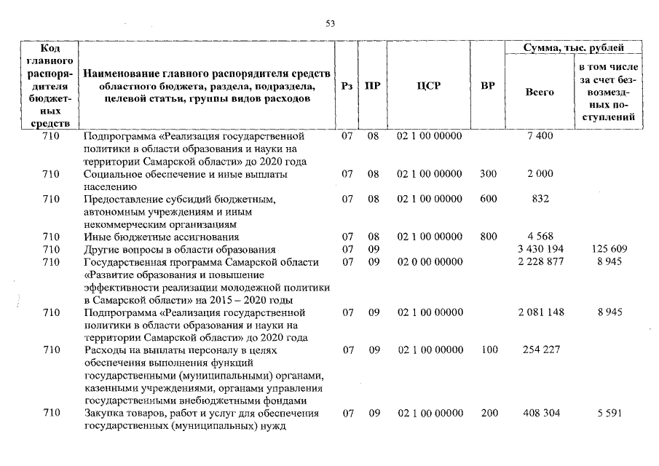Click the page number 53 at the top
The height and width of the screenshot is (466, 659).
pyautogui.click(x=329, y=24)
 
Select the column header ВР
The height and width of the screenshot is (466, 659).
pyautogui.click(x=488, y=86)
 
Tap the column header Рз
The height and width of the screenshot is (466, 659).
pyautogui.click(x=347, y=86)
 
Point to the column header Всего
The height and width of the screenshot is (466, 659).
pyautogui.click(x=540, y=92)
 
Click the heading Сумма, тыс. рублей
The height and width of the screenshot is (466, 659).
pyautogui.click(x=574, y=48)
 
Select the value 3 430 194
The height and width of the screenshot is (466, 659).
pyautogui.click(x=540, y=250)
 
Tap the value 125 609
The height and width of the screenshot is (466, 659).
pyautogui.click(x=605, y=250)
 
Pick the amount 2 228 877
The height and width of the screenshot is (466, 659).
pyautogui.click(x=540, y=262)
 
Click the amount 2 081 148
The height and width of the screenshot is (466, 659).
pyautogui.click(x=540, y=312)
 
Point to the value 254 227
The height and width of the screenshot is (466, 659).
pyautogui.click(x=540, y=350)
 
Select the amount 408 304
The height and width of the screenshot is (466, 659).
pyautogui.click(x=540, y=414)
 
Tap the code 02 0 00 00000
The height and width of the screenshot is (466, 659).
pyautogui.click(x=429, y=262)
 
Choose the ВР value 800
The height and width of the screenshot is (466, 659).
pyautogui.click(x=489, y=237)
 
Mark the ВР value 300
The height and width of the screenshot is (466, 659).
pyautogui.click(x=489, y=174)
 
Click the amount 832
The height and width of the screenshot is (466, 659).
pyautogui.click(x=540, y=199)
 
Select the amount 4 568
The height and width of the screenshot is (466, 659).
pyautogui.click(x=540, y=237)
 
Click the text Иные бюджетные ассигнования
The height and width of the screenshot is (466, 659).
pyautogui.click(x=162, y=237)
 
